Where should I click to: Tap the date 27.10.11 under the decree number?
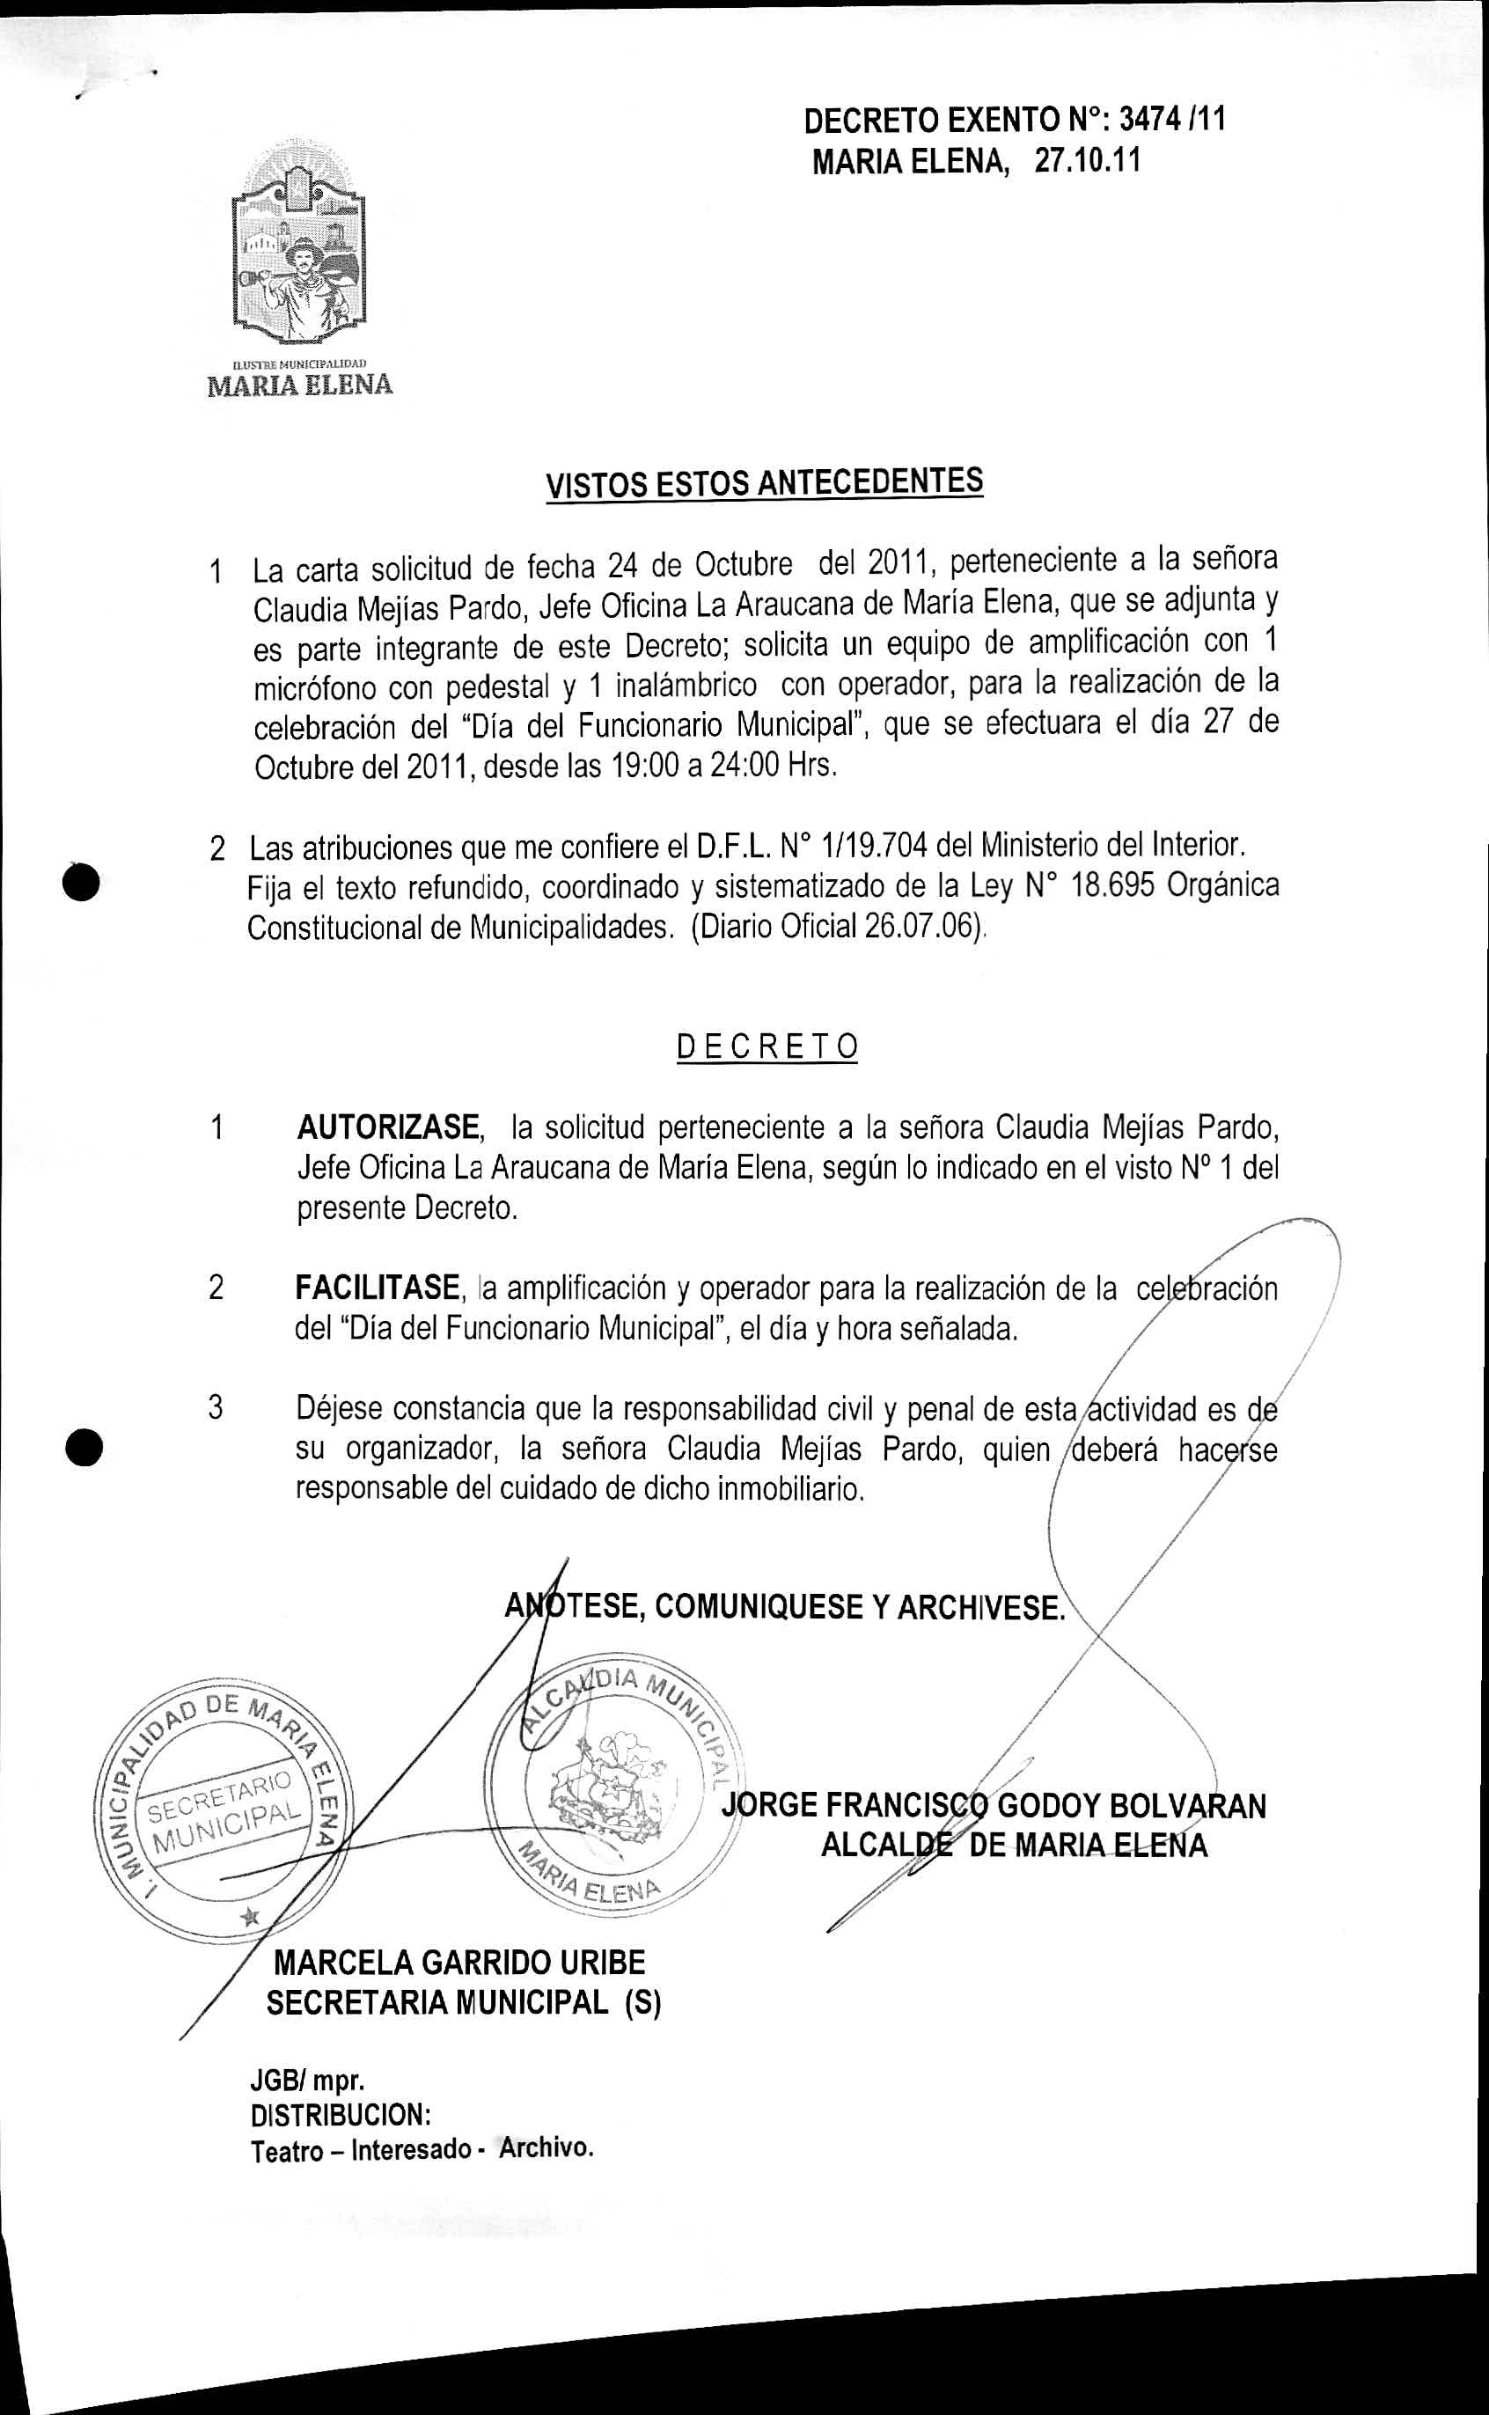pos(1086,162)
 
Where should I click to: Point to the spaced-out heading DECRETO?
pos(767,1046)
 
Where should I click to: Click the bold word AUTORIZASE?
pos(389,1126)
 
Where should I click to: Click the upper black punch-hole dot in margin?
pos(84,879)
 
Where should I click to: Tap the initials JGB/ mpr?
pos(307,2081)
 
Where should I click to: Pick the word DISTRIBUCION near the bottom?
pos(340,2115)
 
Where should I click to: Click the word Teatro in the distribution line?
pos(287,2149)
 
